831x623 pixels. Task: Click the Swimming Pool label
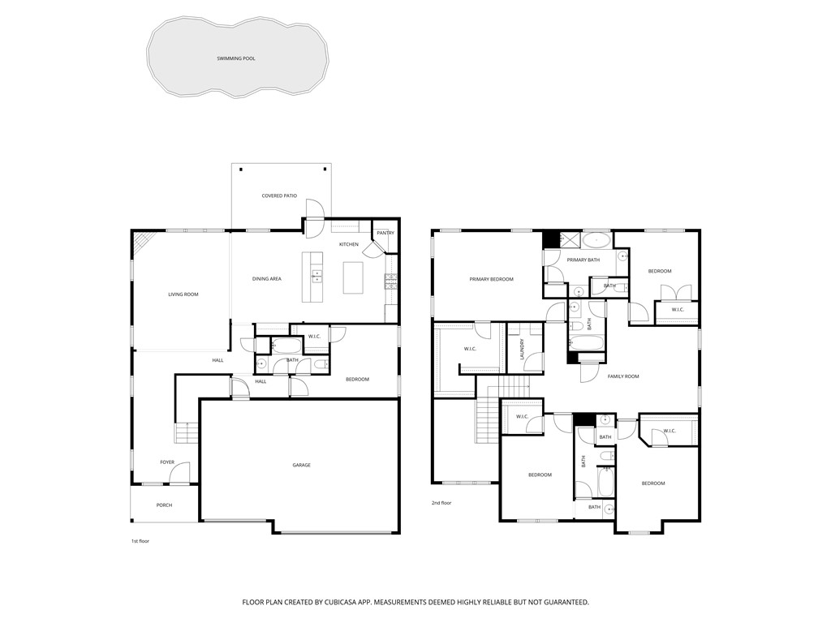click(x=236, y=58)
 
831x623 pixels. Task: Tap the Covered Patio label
click(x=279, y=196)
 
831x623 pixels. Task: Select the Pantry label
click(x=385, y=233)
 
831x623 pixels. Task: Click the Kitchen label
click(x=349, y=244)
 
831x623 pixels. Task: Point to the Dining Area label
click(x=266, y=279)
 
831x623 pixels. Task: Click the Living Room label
click(x=183, y=294)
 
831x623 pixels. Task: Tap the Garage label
click(x=302, y=465)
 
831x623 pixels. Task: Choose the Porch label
click(x=164, y=505)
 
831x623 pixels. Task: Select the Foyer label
click(x=167, y=462)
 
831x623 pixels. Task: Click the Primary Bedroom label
click(x=491, y=279)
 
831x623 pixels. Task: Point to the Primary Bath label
click(x=583, y=260)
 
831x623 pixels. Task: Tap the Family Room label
click(x=623, y=376)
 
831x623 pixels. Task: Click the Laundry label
click(x=522, y=350)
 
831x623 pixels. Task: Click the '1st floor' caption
click(x=140, y=541)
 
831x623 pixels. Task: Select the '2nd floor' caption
click(x=441, y=503)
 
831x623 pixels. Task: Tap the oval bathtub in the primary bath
click(x=596, y=241)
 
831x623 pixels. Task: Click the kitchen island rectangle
click(x=353, y=277)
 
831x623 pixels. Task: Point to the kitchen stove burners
click(x=390, y=281)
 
